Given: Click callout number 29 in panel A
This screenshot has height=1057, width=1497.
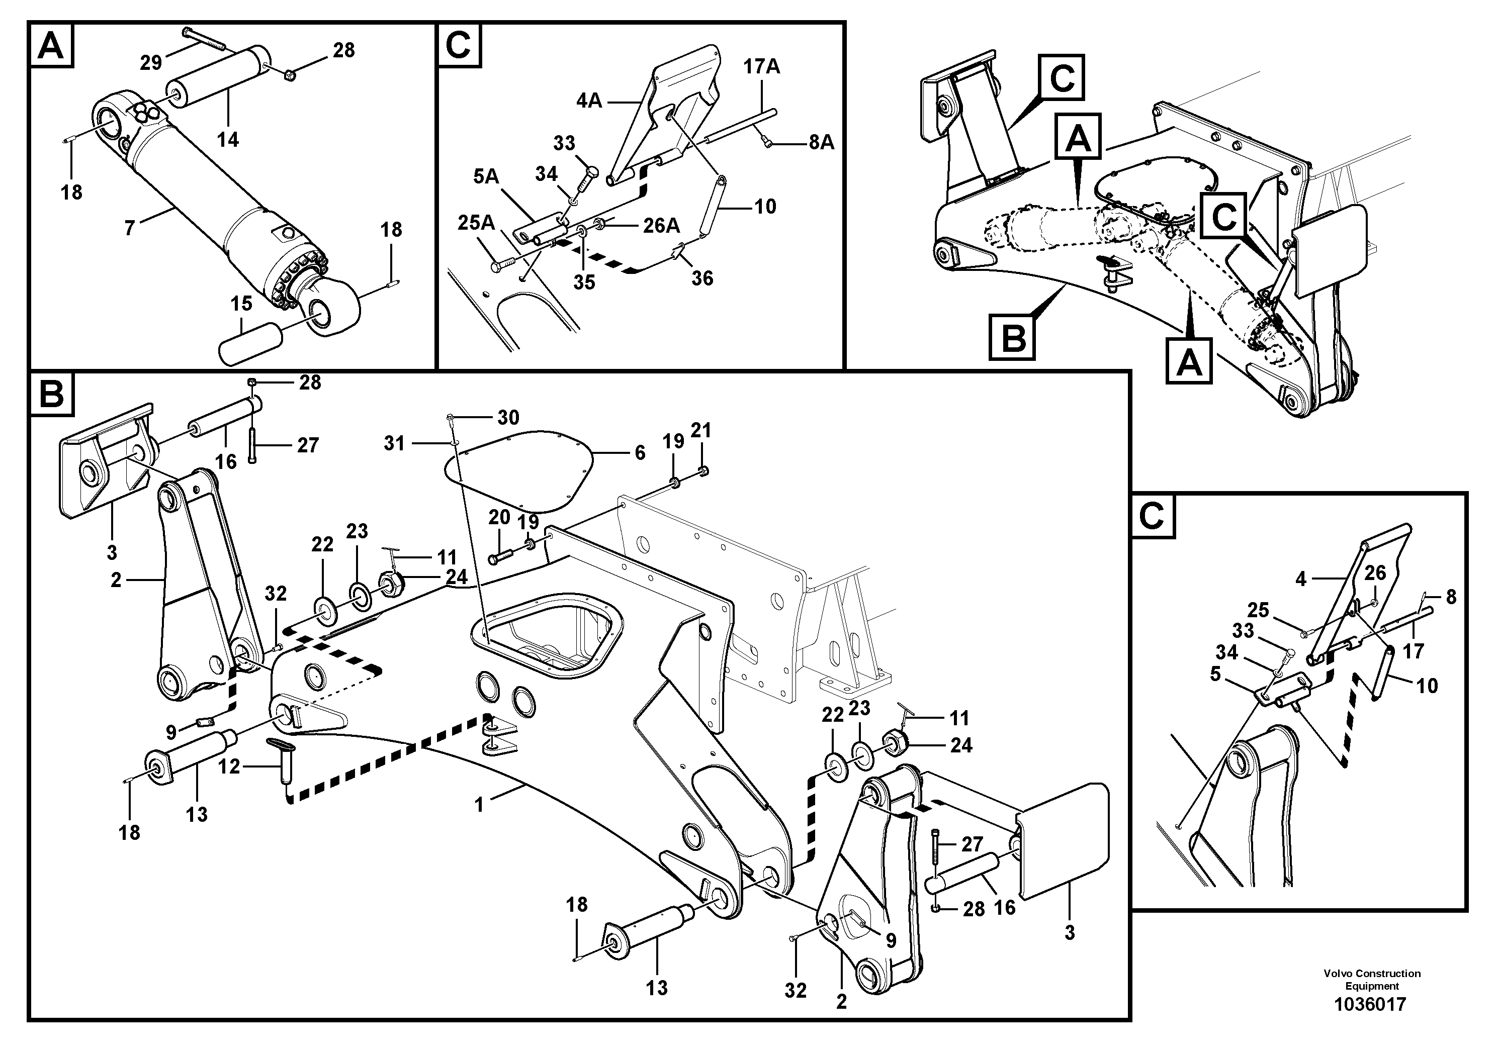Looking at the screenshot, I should [151, 62].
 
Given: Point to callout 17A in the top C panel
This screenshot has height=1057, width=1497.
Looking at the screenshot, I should [761, 66].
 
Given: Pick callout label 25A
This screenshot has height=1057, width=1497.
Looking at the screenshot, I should [477, 223].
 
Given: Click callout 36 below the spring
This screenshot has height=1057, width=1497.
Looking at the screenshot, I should [702, 278].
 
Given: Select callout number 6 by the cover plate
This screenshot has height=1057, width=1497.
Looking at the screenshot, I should [640, 452].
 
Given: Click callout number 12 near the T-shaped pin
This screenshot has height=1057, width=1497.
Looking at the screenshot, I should [229, 767].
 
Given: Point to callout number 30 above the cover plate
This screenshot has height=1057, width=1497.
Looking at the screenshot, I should [508, 417].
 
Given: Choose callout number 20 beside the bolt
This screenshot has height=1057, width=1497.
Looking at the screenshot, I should [499, 518].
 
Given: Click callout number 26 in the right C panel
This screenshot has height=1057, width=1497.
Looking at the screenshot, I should [1376, 573].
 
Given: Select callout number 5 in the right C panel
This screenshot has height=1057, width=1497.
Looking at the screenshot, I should [1215, 674].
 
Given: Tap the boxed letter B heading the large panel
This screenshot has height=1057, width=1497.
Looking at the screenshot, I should [51, 394].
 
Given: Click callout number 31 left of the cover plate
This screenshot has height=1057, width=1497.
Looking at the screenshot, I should [394, 444].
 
